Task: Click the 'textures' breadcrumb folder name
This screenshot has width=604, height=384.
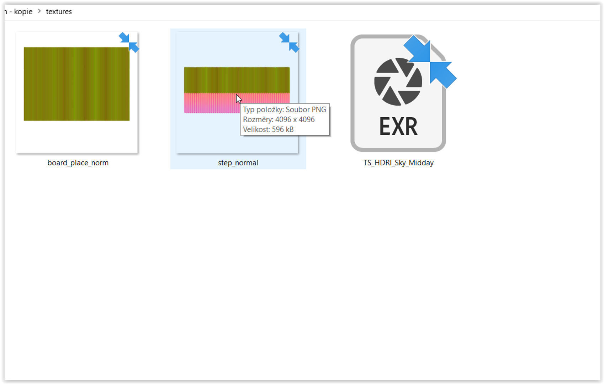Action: pos(59,12)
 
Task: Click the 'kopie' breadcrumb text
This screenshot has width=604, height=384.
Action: pos(23,12)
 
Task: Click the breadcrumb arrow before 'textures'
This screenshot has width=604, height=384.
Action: pos(39,11)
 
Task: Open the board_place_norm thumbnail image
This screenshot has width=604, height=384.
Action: pos(76,84)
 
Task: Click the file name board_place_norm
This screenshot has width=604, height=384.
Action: pos(78,163)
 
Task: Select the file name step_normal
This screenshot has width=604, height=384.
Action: pos(238,163)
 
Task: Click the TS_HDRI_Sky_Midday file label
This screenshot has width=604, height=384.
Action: pos(398,163)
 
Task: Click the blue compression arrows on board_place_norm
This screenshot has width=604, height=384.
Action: pos(129,42)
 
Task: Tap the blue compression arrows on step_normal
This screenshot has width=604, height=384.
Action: pos(289,42)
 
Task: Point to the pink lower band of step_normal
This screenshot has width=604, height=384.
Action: pos(210,103)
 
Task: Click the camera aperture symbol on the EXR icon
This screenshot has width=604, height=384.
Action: pos(398,82)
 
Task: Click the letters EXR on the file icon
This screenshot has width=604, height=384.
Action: pos(398,127)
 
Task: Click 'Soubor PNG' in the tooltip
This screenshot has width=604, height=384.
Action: pos(306,110)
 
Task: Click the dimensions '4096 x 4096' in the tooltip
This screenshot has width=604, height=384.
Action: pos(295,119)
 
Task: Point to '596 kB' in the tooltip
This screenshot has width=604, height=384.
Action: pos(283,129)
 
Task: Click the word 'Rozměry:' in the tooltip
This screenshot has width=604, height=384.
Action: pos(258,119)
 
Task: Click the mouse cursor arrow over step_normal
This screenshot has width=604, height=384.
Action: pos(238,99)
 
